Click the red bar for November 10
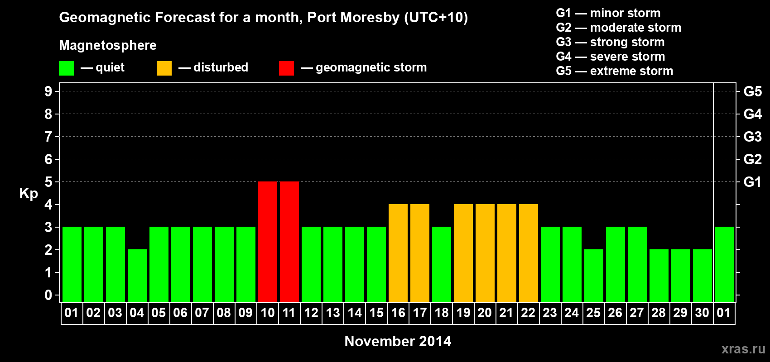pos(268,242)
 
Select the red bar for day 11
pos(289,242)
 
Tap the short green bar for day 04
pos(137,276)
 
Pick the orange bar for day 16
pos(398,253)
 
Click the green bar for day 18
pos(442,264)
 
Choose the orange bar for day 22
pos(529,253)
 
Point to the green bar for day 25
pos(594,276)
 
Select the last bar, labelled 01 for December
pos(724,264)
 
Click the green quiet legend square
pos(67,68)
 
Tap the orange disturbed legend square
pos(164,68)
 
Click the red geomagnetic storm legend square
pos(286,68)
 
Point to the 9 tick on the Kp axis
pos(48,91)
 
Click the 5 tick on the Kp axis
pos(48,182)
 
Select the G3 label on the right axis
pos(752,137)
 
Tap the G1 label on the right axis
pos(752,182)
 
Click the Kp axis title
pos(29,194)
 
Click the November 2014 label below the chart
pos(398,341)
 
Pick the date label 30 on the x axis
pos(702,313)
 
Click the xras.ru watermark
pos(743,349)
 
